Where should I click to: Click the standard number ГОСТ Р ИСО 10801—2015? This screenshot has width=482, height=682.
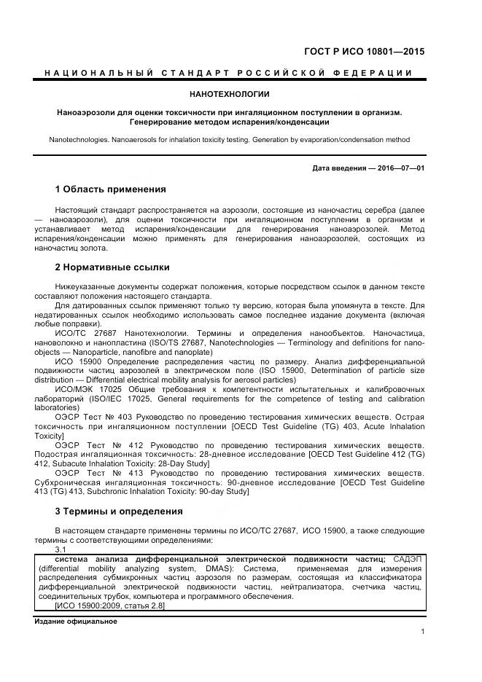[x=364, y=52]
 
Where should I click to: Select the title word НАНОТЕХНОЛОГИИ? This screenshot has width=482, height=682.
[x=229, y=94]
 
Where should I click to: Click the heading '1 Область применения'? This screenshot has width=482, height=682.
[x=111, y=189]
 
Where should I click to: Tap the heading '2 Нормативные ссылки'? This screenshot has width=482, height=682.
[x=112, y=267]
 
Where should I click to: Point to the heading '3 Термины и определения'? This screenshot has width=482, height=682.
[x=119, y=511]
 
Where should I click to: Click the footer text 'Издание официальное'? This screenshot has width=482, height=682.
[x=75, y=622]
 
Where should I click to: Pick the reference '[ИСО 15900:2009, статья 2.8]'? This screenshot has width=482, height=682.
[x=109, y=605]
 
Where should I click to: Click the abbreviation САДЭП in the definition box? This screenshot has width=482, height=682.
[x=408, y=558]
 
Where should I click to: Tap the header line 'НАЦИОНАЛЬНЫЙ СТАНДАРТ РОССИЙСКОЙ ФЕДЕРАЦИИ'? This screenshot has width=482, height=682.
[x=229, y=73]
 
